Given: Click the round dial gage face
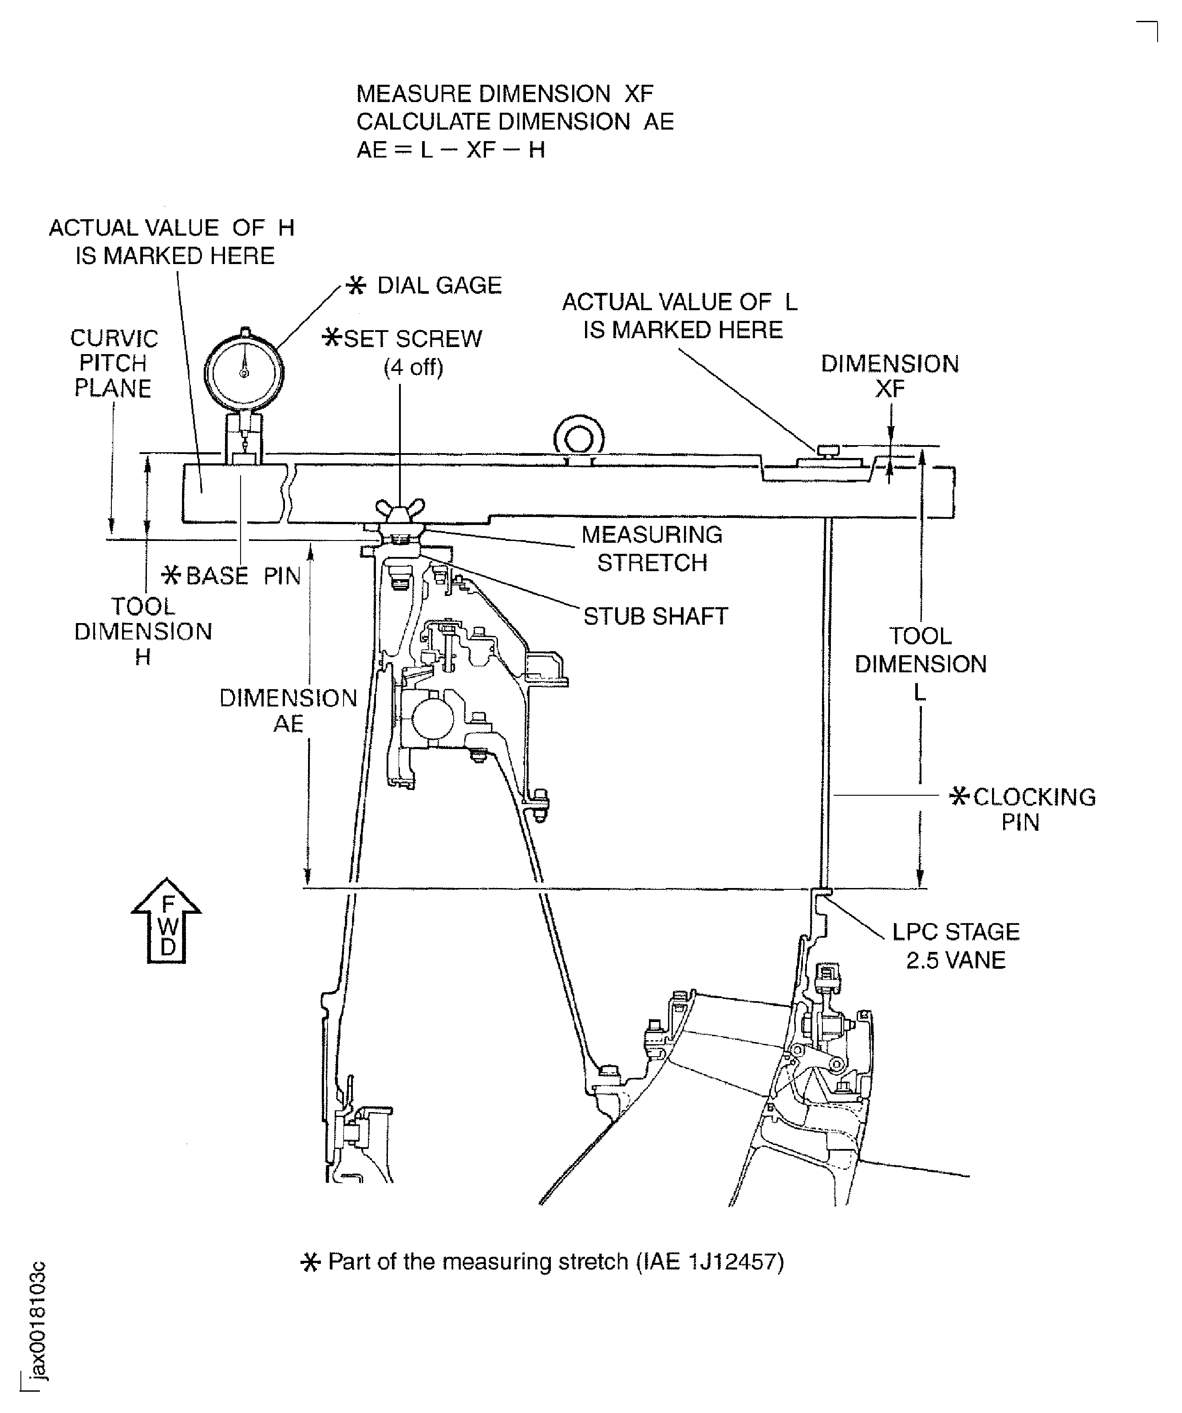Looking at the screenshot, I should pyautogui.click(x=244, y=371).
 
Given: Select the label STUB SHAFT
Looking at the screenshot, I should pyautogui.click(x=655, y=616).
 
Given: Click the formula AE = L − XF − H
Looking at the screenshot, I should pyautogui.click(x=451, y=150).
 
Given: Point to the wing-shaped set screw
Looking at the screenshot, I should pyautogui.click(x=400, y=509).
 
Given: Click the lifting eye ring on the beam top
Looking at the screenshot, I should pyautogui.click(x=578, y=439).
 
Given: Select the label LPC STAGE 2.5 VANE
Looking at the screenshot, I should pyautogui.click(x=955, y=945).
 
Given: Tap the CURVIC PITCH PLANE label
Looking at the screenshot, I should pyautogui.click(x=113, y=363).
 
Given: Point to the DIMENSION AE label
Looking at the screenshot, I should pyautogui.click(x=288, y=710).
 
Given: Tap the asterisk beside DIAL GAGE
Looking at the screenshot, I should pyautogui.click(x=356, y=286).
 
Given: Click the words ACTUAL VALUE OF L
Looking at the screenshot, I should pyautogui.click(x=679, y=302).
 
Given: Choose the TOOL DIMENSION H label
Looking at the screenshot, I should pyautogui.click(x=143, y=631).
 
